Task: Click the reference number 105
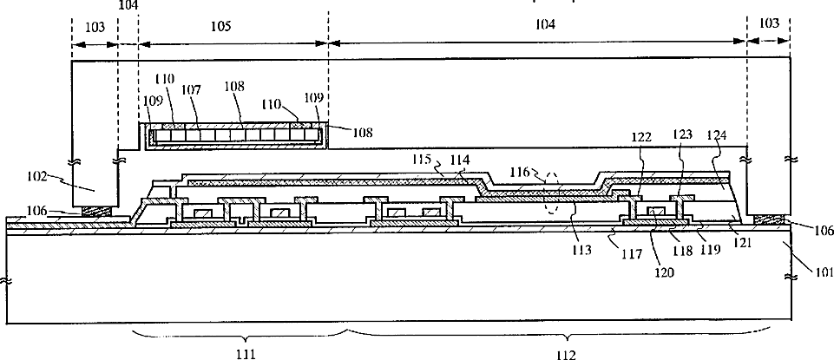[220, 27]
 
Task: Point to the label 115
[421, 160]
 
